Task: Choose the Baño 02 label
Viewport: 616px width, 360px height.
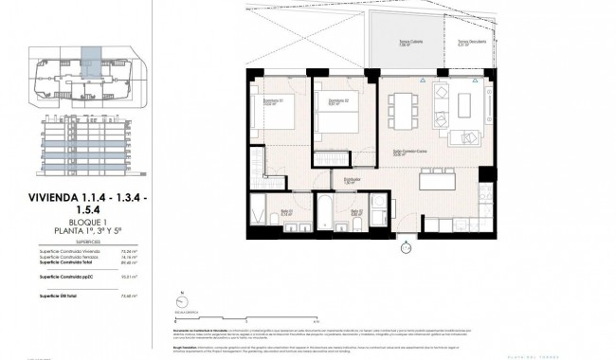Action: coord(354,212)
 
